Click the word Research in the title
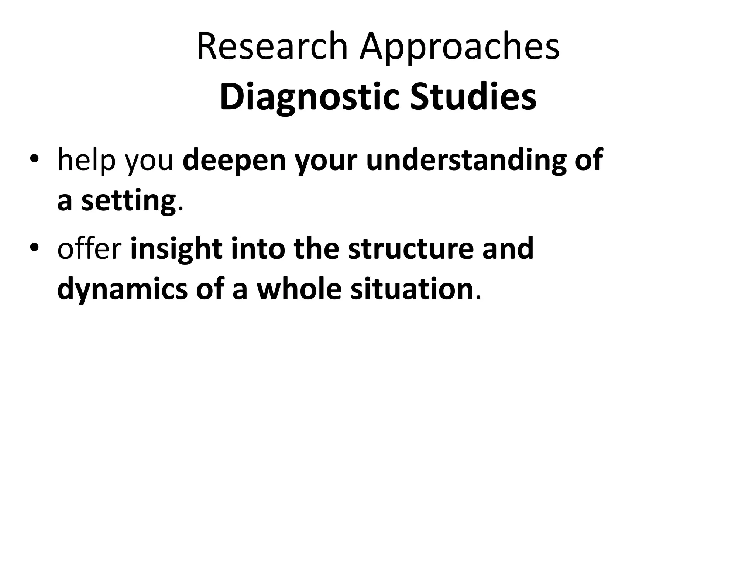[272, 47]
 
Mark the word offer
[89, 248]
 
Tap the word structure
[410, 248]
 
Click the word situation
[412, 289]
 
